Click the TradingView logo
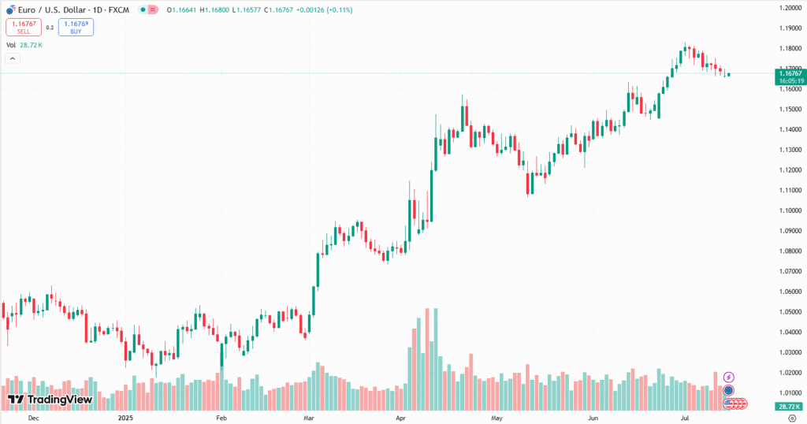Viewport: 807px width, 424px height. [50, 400]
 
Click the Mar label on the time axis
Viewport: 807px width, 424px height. [310, 418]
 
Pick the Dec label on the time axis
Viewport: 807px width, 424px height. [33, 418]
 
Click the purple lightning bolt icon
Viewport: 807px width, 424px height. [729, 378]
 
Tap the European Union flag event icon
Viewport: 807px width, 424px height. [729, 390]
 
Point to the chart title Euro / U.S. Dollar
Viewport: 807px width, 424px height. [48, 10]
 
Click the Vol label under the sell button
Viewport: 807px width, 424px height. [11, 45]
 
